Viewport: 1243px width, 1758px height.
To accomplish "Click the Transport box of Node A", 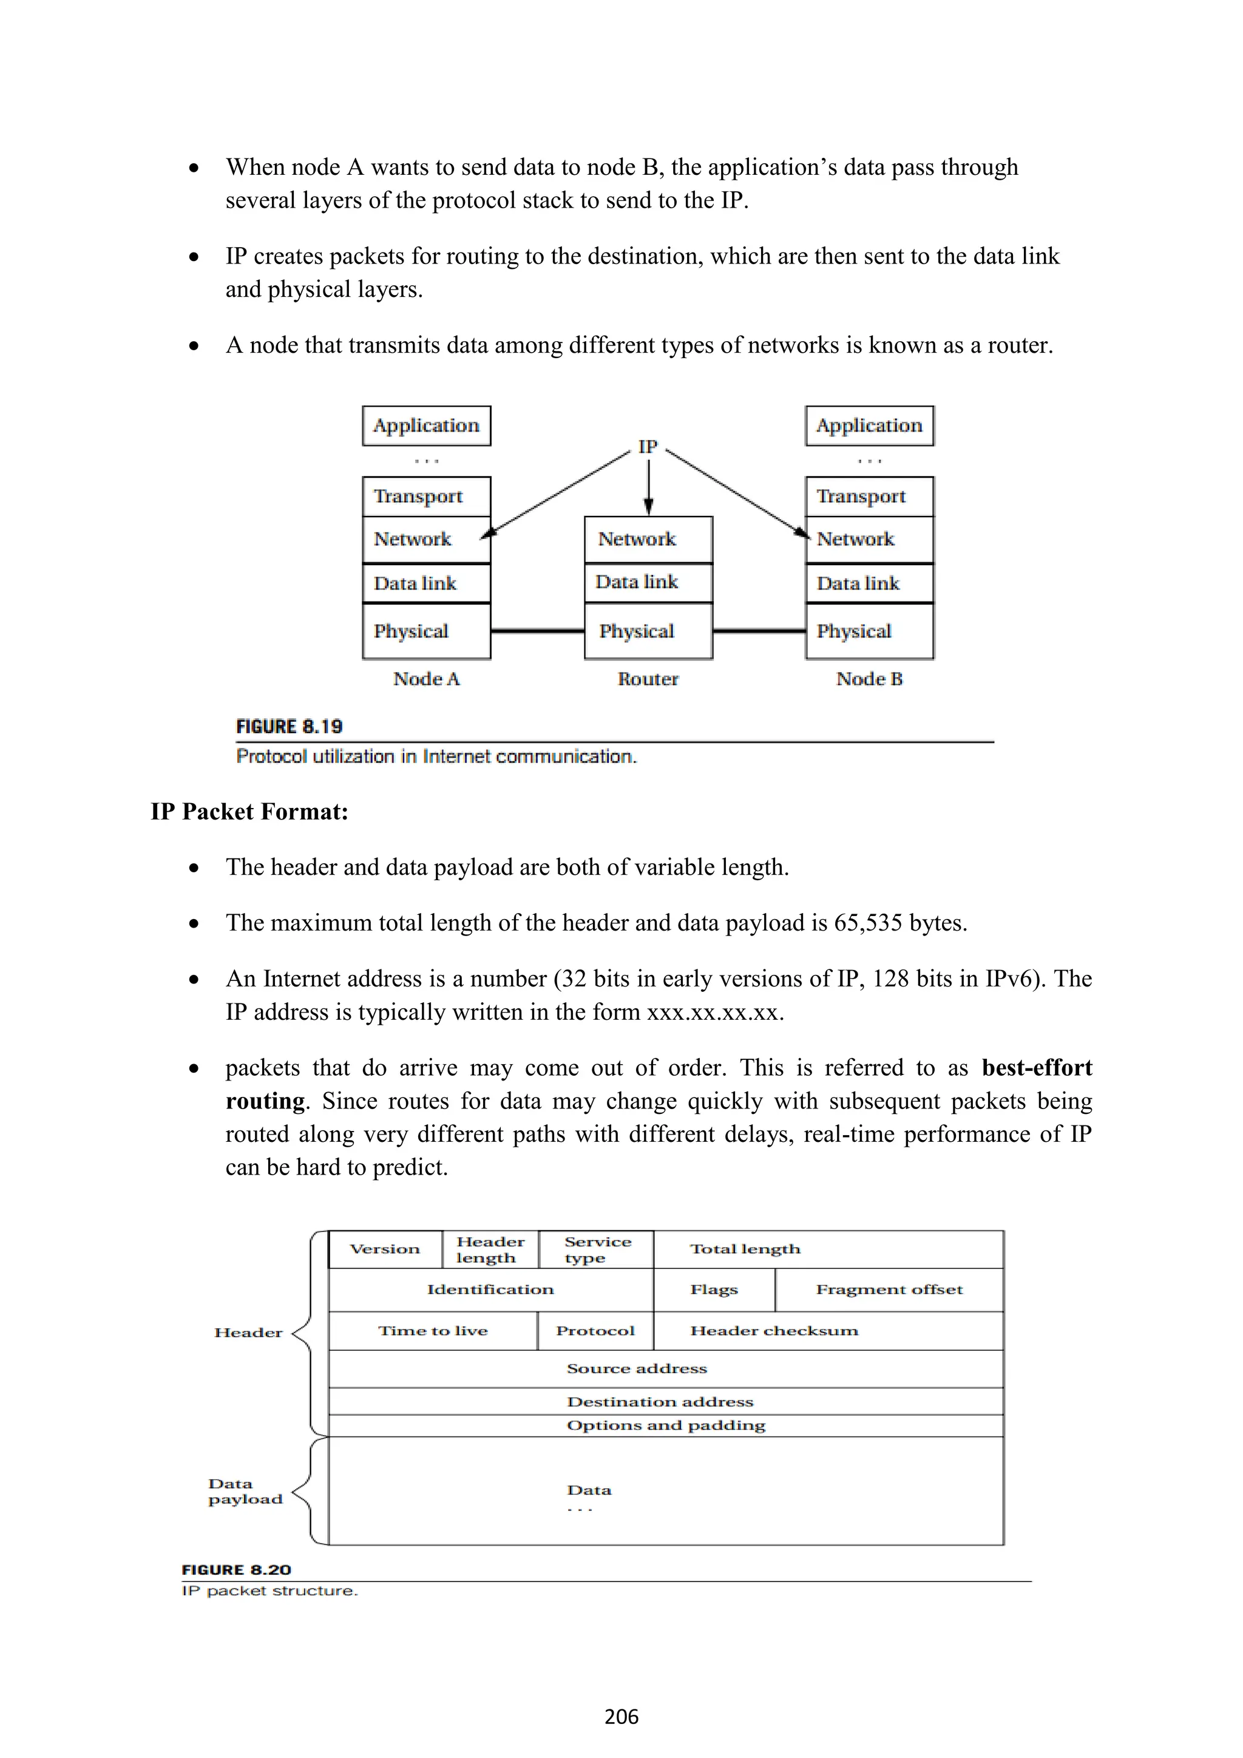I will (425, 496).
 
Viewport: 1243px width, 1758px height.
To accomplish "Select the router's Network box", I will (648, 539).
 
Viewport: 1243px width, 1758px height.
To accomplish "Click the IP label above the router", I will (648, 446).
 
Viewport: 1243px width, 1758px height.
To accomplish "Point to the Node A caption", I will (426, 679).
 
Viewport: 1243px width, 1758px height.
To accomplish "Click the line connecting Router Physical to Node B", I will (759, 631).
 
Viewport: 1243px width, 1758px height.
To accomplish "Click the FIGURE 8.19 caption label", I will (290, 726).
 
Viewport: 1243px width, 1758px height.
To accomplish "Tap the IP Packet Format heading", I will (249, 811).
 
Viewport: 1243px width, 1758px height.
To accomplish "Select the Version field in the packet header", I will (385, 1249).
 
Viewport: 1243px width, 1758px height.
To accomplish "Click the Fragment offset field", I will (889, 1289).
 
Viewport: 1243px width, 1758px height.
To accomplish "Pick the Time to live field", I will (433, 1331).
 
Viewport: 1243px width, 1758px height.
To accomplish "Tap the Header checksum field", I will (774, 1331).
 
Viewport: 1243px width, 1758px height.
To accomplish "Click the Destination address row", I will (660, 1402).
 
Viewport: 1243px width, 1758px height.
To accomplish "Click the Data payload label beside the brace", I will (245, 1491).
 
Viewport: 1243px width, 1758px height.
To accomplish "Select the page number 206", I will (621, 1717).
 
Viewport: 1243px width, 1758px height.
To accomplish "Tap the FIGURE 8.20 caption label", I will (237, 1570).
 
